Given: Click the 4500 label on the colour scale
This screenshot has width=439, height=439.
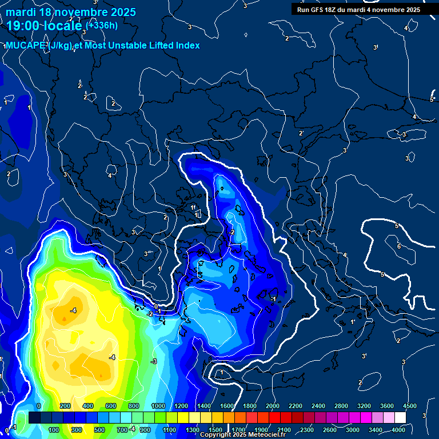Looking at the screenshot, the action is point(410,406).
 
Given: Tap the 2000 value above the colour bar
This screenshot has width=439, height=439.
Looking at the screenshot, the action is point(273,406).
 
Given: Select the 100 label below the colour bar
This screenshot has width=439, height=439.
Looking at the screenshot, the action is point(54,430).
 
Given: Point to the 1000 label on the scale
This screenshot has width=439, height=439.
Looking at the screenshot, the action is point(158,406).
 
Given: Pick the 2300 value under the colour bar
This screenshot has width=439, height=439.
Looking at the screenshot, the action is point(307,430).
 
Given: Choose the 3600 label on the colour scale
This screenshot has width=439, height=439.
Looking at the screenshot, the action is point(387,406).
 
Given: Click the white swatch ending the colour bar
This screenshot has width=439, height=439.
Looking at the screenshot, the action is point(400,418).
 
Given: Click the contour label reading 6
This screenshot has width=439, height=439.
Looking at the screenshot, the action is point(398,246).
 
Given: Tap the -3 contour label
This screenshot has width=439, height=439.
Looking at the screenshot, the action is point(154,361).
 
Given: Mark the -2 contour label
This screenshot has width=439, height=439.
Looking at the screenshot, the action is point(150,314).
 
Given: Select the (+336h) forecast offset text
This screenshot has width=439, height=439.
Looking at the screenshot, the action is point(102,25).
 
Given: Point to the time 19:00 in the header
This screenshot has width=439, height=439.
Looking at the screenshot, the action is point(23,26).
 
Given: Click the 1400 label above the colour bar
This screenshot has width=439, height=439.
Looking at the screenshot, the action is point(204,406).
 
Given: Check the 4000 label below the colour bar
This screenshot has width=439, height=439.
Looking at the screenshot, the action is point(398,430).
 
